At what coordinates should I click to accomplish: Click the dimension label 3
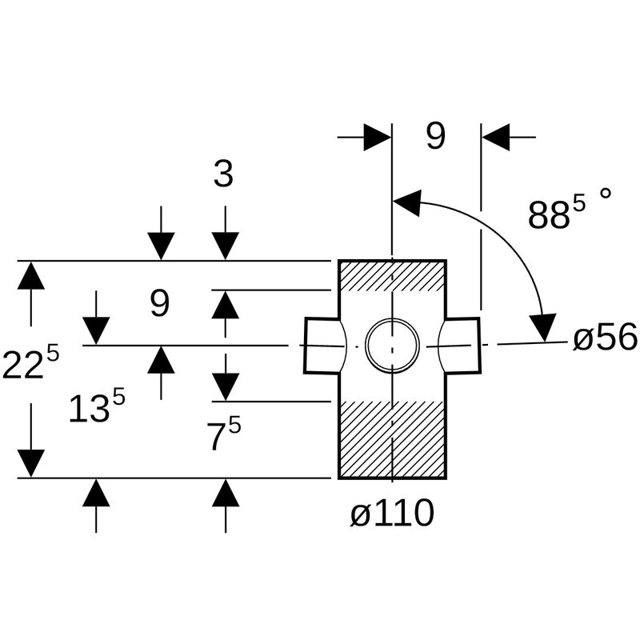pos(223,174)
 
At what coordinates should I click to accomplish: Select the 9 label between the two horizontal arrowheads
pos(435,137)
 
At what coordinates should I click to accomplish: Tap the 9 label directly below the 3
pos(160,304)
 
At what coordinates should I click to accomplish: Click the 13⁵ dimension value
pos(96,408)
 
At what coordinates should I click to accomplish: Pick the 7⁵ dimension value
pos(223,435)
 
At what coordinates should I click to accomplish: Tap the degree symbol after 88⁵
pos(606,194)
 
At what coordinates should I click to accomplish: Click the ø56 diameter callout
pos(605,338)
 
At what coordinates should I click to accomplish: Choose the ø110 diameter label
pos(392,514)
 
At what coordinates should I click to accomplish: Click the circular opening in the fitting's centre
pos(392,346)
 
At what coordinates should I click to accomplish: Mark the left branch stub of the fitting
pos(322,346)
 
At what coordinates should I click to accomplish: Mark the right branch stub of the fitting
pos(462,345)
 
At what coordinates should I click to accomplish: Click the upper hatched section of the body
pos(392,276)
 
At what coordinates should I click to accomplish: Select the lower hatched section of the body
pos(392,438)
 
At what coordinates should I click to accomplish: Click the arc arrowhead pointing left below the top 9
pos(408,203)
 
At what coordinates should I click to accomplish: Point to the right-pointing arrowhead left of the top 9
pos(377,138)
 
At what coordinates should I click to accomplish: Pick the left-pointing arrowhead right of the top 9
pos(496,138)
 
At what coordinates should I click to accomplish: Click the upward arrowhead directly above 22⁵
pos(31,276)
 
